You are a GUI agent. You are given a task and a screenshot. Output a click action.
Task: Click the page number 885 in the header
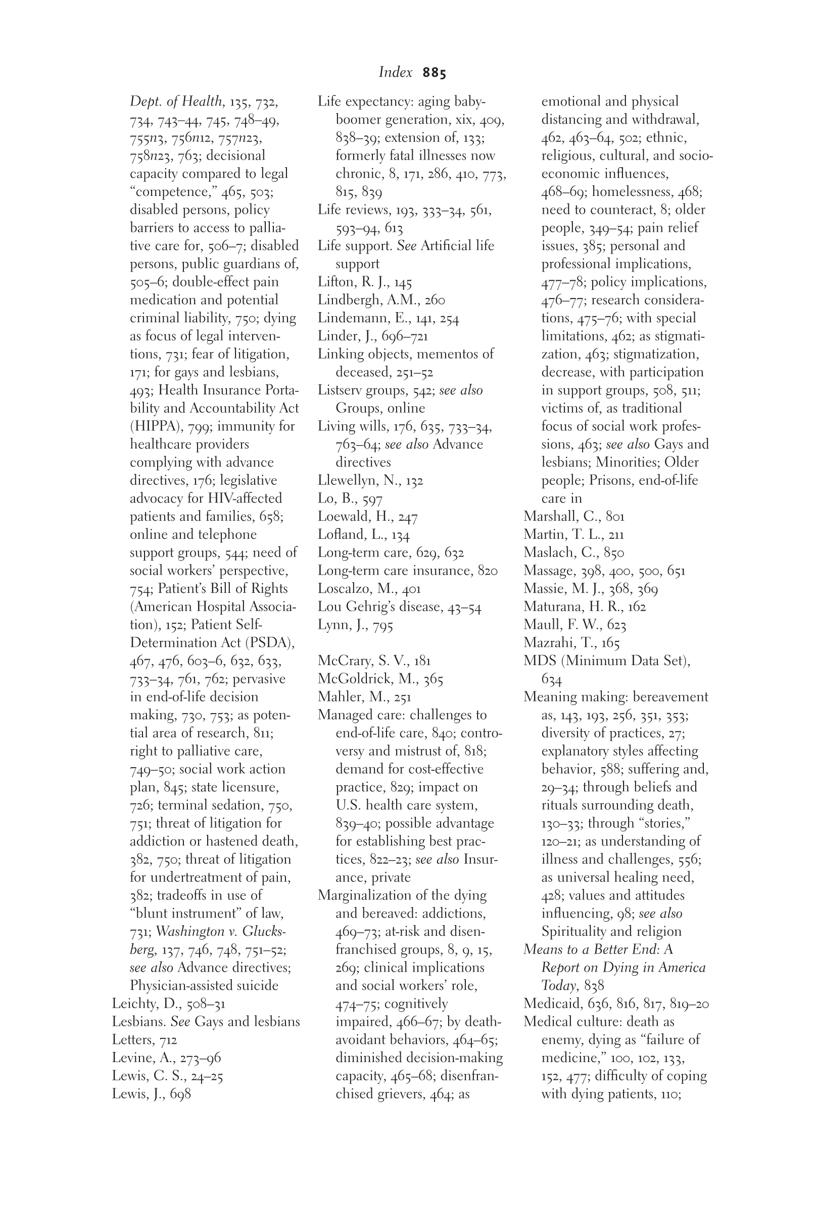(x=434, y=73)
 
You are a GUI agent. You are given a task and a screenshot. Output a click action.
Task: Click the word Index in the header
(x=395, y=73)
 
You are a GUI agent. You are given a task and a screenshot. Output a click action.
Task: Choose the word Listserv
(x=338, y=390)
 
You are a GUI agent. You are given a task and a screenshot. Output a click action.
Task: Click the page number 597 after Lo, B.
(x=372, y=499)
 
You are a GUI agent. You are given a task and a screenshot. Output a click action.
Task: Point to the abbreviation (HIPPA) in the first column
(x=154, y=427)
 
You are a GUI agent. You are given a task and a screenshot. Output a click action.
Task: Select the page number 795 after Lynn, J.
(x=381, y=625)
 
